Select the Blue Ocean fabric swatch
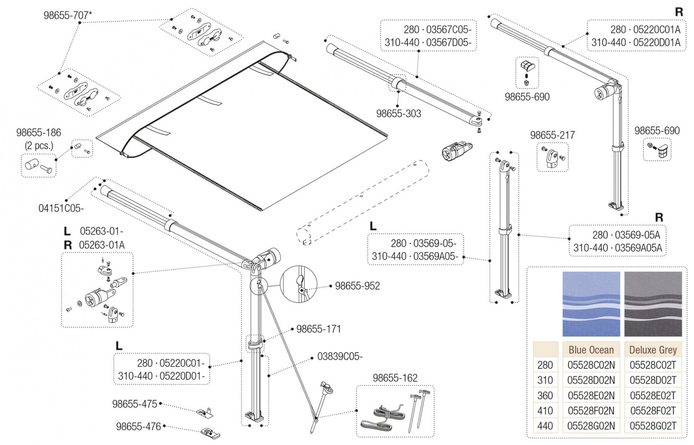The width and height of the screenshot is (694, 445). coord(591,304)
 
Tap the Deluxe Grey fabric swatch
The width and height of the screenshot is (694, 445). coord(653,304)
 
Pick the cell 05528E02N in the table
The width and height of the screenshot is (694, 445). coord(591,395)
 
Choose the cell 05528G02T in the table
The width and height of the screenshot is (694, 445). coord(653,426)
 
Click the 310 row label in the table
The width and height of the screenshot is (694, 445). coord(545,380)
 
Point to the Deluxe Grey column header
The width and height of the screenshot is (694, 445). coord(653,350)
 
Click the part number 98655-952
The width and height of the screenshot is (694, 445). coord(357,286)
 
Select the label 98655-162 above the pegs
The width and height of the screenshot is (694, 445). coord(395,378)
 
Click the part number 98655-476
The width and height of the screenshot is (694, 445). coord(138,427)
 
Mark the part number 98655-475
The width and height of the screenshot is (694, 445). coord(135,404)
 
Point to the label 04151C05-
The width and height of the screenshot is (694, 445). coord(61,208)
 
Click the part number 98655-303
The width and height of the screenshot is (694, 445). coord(398,114)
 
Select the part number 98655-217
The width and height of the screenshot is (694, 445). coord(552,135)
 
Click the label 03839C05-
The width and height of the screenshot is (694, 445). coord(340,356)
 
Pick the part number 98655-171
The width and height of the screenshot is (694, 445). coord(318,329)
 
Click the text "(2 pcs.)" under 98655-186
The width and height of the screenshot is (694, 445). coord(39,145)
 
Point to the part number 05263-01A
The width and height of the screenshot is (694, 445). coord(101,245)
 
